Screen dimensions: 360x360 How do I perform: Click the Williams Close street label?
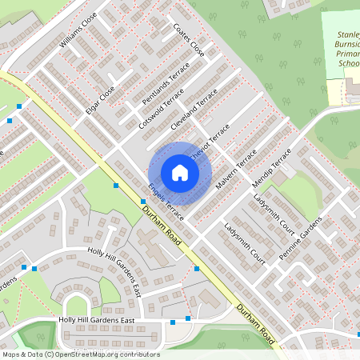coord(78,30)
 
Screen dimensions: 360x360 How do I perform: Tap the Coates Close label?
coord(189,39)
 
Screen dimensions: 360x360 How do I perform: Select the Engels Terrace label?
coord(166,202)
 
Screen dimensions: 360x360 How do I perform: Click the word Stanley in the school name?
coord(348,35)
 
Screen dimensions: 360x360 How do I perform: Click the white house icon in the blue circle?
coord(180,173)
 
